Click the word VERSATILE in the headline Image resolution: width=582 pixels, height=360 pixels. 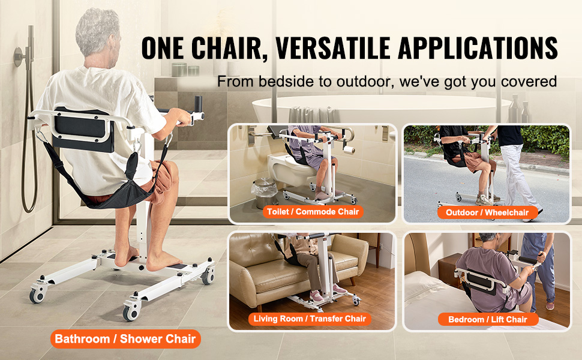coord(332,48)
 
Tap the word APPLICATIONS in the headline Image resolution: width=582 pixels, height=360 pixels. coord(478,48)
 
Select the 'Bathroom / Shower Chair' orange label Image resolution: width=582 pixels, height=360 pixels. coord(125,339)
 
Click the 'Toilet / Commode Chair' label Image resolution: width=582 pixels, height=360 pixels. coord(313,212)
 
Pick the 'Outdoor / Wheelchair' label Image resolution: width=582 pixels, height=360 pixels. coord(487,212)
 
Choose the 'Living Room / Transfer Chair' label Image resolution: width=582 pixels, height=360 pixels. coord(310,319)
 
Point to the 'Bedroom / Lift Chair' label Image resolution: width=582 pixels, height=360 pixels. coord(488,320)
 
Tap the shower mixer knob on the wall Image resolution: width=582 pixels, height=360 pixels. coord(19,56)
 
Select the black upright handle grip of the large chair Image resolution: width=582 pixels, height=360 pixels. coord(198,104)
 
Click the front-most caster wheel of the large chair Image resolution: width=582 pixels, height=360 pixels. coord(131,313)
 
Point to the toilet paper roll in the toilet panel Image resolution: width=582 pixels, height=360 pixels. coord(349,150)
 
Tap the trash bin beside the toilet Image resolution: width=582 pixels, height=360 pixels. coord(264,193)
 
